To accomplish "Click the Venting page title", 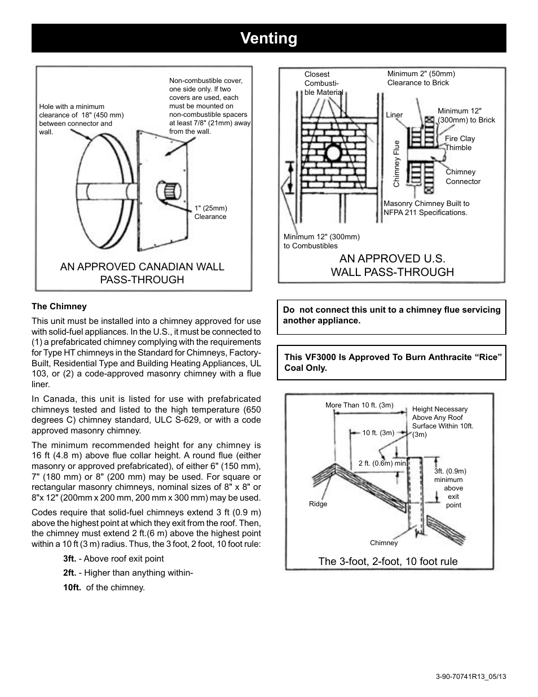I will click(x=268, y=38).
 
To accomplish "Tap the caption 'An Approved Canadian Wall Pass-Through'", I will click(x=142, y=273).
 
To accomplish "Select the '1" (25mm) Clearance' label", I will click(x=210, y=212).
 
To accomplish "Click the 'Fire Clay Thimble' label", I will click(x=460, y=143).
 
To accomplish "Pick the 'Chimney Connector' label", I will click(x=463, y=177).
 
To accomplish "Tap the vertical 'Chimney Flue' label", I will click(x=396, y=164).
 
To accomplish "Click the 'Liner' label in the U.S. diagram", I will click(x=394, y=115).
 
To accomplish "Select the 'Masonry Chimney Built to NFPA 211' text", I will click(x=426, y=208).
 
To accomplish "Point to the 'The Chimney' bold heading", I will click(x=59, y=306).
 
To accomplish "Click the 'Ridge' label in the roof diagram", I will click(x=318, y=504).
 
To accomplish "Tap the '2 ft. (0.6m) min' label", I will click(x=382, y=463).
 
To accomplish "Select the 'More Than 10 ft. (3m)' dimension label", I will click(x=359, y=405).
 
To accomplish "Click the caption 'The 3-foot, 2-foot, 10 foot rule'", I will click(x=388, y=561).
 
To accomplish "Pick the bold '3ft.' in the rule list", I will click(x=69, y=559).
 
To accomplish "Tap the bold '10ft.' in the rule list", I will click(x=72, y=588).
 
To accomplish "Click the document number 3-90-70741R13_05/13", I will click(x=471, y=676).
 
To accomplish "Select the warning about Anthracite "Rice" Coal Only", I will click(x=393, y=362).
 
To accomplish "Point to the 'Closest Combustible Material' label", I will click(x=323, y=83).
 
